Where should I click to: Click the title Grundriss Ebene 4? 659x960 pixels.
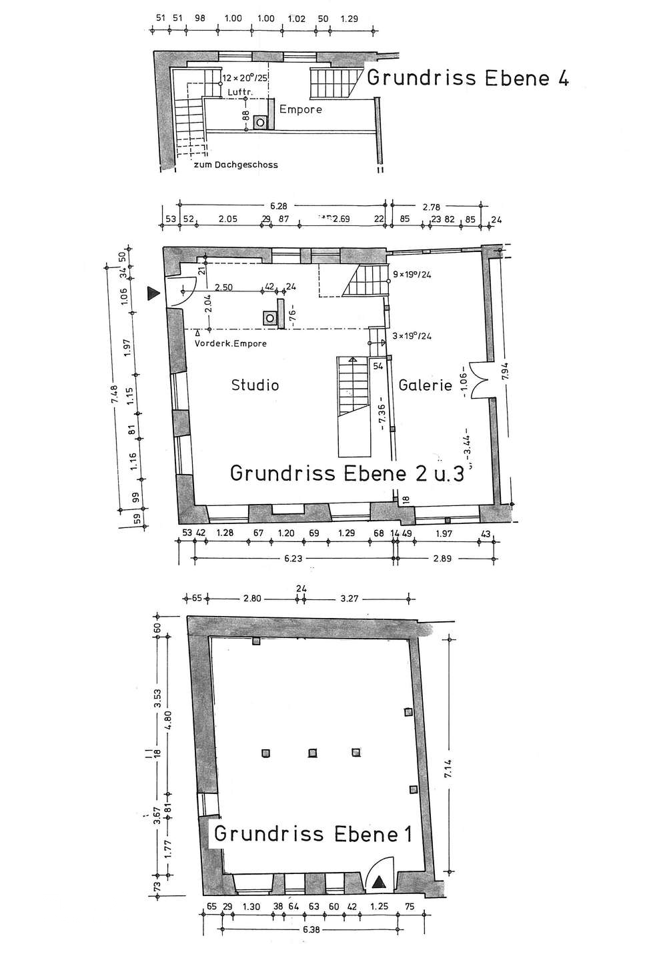point(467,78)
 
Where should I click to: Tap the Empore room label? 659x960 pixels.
point(300,109)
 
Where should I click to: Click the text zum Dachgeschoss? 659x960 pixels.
point(235,165)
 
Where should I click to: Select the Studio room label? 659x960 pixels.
point(255,385)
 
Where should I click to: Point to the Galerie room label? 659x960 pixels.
point(426,385)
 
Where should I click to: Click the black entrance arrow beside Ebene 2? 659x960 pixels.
point(154,293)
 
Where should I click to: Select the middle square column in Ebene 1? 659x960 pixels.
point(311,753)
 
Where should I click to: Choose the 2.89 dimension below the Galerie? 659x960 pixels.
point(442,559)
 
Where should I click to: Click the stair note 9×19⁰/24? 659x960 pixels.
point(412,274)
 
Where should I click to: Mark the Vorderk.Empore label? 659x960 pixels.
point(231,343)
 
